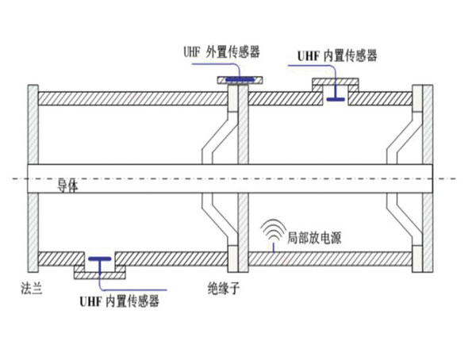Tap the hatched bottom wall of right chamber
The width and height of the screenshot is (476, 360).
pos(333,259)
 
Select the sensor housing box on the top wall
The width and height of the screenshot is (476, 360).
pos(336,83)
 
